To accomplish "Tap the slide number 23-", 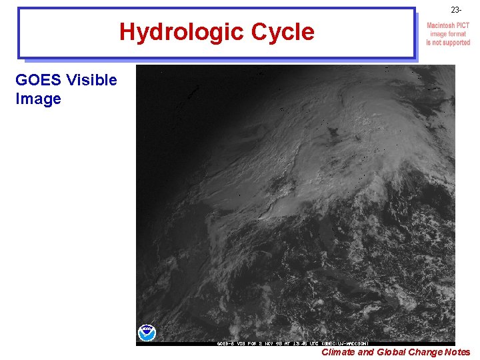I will pos(455,11).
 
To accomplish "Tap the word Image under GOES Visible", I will pos(38,99).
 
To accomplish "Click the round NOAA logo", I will pos(146,332).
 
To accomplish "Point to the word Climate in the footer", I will pos(338,352).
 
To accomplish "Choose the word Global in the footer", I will pos(391,352).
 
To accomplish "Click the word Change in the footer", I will pos(425,352).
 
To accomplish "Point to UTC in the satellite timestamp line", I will pos(311,343).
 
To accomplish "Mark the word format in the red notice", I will pos(457,34).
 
